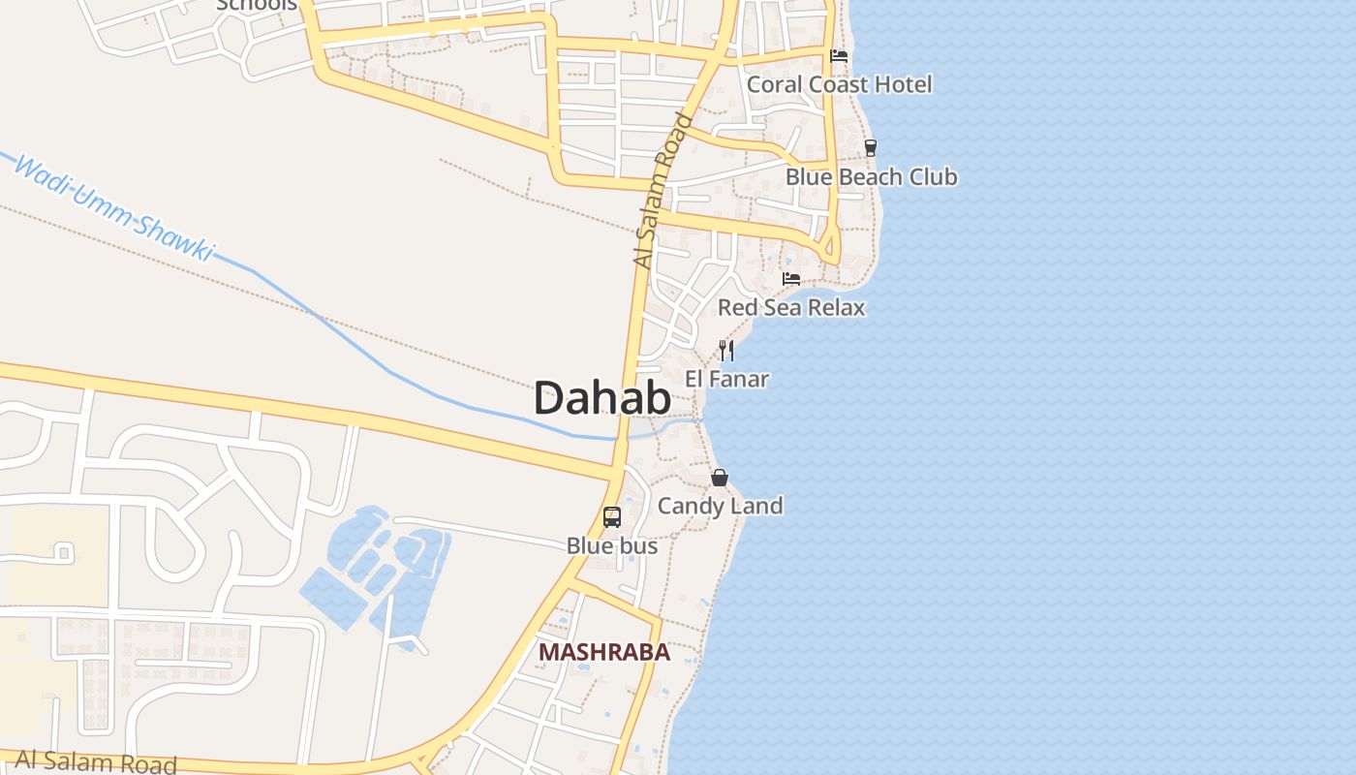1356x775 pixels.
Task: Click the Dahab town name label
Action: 601,398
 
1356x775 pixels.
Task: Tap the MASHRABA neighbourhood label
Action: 604,652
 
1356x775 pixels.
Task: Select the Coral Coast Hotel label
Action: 839,84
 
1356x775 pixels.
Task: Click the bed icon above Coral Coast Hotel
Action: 839,56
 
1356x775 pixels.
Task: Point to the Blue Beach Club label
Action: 871,177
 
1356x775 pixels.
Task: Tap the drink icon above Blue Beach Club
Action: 871,148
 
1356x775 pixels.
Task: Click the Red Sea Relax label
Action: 790,308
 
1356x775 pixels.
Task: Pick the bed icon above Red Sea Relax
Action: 791,279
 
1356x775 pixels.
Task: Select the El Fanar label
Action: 726,379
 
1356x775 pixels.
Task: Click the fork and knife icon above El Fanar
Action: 726,350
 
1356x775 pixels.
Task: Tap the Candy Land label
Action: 720,506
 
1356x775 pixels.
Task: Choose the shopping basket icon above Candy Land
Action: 720,478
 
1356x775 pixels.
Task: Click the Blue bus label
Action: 612,546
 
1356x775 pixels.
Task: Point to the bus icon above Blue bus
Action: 612,517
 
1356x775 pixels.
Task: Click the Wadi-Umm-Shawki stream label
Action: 113,207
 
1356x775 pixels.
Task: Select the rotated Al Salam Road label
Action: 663,190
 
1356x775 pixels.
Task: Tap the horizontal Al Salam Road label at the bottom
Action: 96,761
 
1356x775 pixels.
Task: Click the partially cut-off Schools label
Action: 257,5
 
